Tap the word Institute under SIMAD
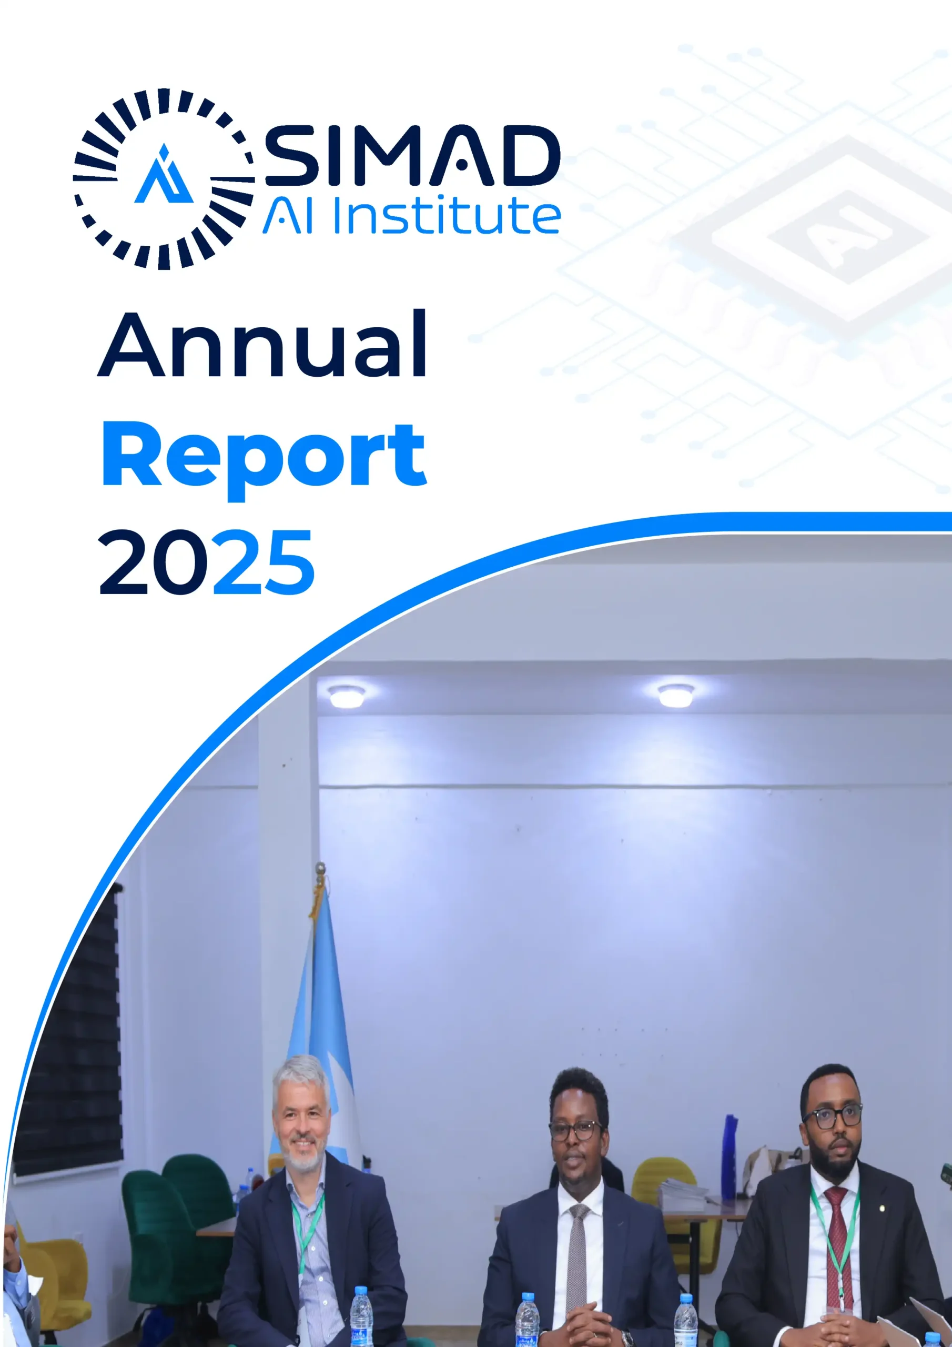[x=447, y=216]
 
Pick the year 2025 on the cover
[x=207, y=562]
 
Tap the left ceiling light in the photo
[x=347, y=696]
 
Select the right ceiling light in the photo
[x=676, y=695]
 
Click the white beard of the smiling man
[x=301, y=1152]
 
